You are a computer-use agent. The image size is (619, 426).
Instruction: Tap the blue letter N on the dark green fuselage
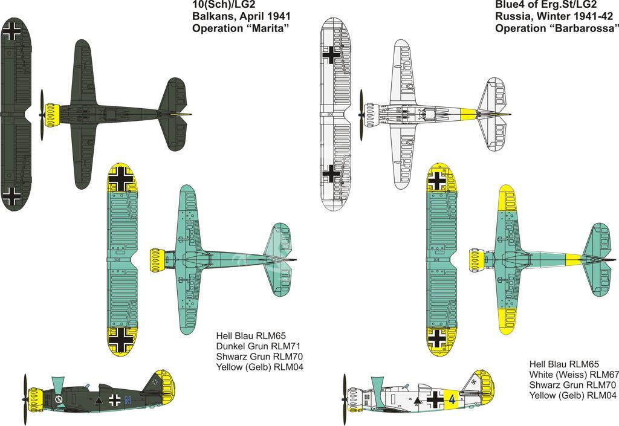tap(128, 401)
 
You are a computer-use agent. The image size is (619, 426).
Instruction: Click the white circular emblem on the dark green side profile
tap(59, 399)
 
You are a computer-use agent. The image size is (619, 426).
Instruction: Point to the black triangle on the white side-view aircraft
tap(417, 401)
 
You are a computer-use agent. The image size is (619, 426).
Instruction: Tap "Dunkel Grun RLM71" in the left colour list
tap(258, 346)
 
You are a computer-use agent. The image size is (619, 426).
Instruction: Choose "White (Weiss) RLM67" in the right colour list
tap(574, 374)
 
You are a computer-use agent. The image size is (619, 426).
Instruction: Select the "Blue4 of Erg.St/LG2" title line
tap(546, 5)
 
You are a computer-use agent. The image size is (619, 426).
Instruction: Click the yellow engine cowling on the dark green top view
tap(52, 115)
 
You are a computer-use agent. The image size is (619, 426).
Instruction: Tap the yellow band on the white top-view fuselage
tap(469, 114)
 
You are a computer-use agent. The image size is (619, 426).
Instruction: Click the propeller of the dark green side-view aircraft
tap(25, 399)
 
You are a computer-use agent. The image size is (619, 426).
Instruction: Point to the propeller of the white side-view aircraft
tap(345, 399)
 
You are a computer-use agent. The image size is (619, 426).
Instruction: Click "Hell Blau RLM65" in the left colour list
tap(251, 336)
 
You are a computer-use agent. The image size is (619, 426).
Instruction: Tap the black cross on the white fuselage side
tap(435, 399)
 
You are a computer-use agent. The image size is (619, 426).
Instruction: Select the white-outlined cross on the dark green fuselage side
tap(114, 401)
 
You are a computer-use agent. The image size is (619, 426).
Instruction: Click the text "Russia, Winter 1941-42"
tap(554, 16)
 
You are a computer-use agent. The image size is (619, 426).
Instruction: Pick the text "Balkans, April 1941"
tap(241, 16)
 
